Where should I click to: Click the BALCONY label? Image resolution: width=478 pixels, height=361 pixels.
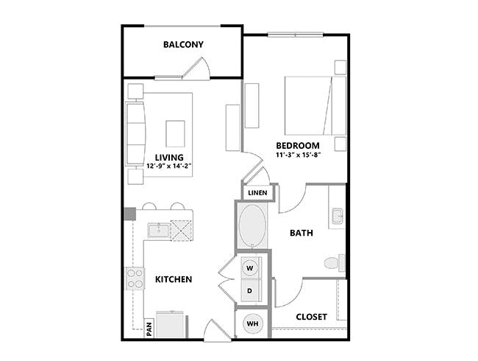click(x=183, y=45)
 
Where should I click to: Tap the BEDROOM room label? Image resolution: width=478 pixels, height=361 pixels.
click(x=298, y=146)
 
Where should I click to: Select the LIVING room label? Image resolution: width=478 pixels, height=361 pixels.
click(x=169, y=156)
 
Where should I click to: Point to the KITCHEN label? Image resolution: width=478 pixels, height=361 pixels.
click(x=174, y=280)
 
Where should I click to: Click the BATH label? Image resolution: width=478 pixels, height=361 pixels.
click(x=302, y=233)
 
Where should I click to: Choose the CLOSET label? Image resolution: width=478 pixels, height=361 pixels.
click(x=311, y=317)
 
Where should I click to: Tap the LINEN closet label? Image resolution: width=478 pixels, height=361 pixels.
click(x=257, y=193)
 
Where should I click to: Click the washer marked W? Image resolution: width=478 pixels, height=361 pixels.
click(x=250, y=267)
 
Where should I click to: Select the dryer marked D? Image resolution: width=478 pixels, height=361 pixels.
click(x=250, y=291)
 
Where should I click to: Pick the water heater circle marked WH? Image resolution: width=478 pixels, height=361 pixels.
click(x=251, y=323)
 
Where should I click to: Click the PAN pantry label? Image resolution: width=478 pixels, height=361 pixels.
click(x=149, y=326)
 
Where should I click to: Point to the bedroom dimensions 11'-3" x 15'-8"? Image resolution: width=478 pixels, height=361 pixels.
click(x=298, y=155)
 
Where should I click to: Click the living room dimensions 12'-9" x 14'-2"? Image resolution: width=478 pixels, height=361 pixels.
click(x=170, y=167)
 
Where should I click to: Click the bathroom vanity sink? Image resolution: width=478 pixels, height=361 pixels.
click(x=338, y=217)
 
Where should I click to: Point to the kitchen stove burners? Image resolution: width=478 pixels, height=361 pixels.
click(x=135, y=278)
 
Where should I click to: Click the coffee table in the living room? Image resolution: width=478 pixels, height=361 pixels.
click(x=176, y=134)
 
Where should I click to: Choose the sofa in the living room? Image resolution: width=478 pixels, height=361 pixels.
click(x=136, y=133)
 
